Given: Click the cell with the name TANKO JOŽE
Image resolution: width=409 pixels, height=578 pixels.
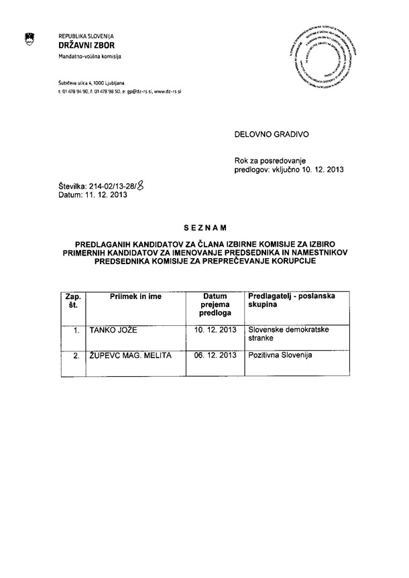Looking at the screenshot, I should (113, 330).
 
